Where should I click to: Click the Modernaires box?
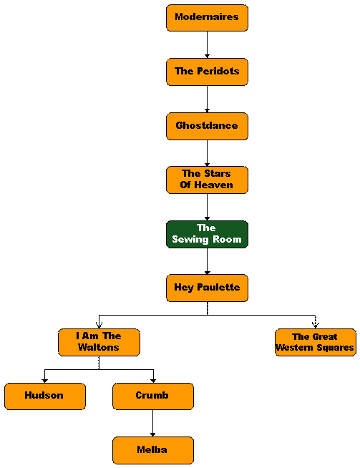pos(207,18)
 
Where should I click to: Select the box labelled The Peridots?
pos(207,72)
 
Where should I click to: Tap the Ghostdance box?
pos(207,126)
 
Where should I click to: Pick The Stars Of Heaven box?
pos(207,180)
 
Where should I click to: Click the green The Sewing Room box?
pos(207,234)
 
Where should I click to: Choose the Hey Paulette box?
pos(207,288)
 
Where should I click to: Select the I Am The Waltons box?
pos(99,342)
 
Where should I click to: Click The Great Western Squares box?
pos(316,342)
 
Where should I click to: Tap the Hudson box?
pos(45,396)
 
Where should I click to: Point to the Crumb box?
pos(153,396)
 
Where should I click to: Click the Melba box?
pos(153,450)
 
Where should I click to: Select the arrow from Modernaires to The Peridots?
pos(207,45)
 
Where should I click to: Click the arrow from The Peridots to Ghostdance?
pos(207,99)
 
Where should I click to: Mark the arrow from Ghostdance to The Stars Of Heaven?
pos(207,153)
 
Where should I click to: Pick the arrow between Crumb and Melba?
pos(153,423)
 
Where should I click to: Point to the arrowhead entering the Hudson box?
pos(45,381)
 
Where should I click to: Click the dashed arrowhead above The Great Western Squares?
pos(316,325)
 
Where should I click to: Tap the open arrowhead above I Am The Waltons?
pos(99,325)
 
